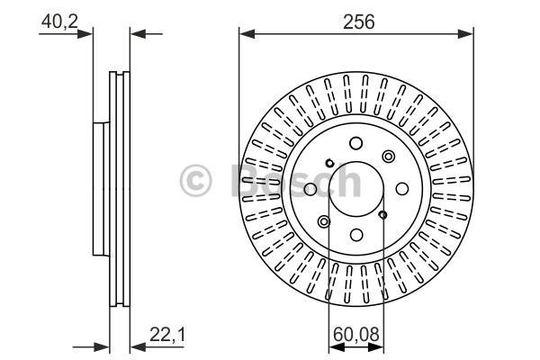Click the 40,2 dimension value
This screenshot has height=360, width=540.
tap(59, 22)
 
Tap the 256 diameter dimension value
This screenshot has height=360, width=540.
tap(358, 22)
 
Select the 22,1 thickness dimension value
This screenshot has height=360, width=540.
tap(167, 334)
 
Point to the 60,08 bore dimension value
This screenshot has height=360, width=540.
tap(356, 334)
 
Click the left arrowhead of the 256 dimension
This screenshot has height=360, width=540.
tap(247, 34)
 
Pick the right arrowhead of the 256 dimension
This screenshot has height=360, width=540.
tap(465, 34)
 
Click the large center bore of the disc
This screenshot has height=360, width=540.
tap(356, 189)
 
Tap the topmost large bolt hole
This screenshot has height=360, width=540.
tap(356, 143)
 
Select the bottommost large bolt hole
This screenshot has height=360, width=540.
tap(356, 235)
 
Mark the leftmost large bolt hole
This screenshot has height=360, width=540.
tap(310, 189)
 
